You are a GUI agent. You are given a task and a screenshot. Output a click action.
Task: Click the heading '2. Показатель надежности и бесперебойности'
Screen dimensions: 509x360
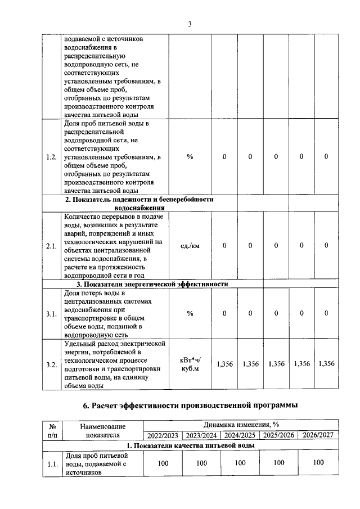click(139, 200)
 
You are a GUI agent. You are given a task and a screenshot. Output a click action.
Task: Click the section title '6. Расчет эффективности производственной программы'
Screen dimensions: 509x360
click(190, 405)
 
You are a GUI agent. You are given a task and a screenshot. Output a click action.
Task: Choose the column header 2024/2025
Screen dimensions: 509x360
click(240, 435)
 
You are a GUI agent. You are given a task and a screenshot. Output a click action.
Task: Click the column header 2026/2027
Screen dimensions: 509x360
click(318, 435)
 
